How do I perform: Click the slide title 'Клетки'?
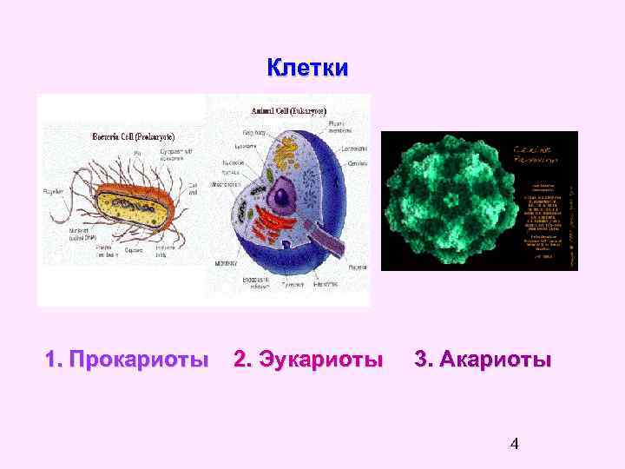click(307, 68)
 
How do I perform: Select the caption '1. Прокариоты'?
click(127, 360)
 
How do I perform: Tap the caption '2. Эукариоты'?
click(308, 360)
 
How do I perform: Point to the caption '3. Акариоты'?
click(483, 360)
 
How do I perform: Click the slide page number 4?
click(514, 446)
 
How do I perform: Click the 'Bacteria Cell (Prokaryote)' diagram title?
click(134, 136)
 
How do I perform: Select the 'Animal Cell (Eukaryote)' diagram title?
click(289, 111)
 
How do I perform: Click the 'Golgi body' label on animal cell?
click(255, 131)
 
